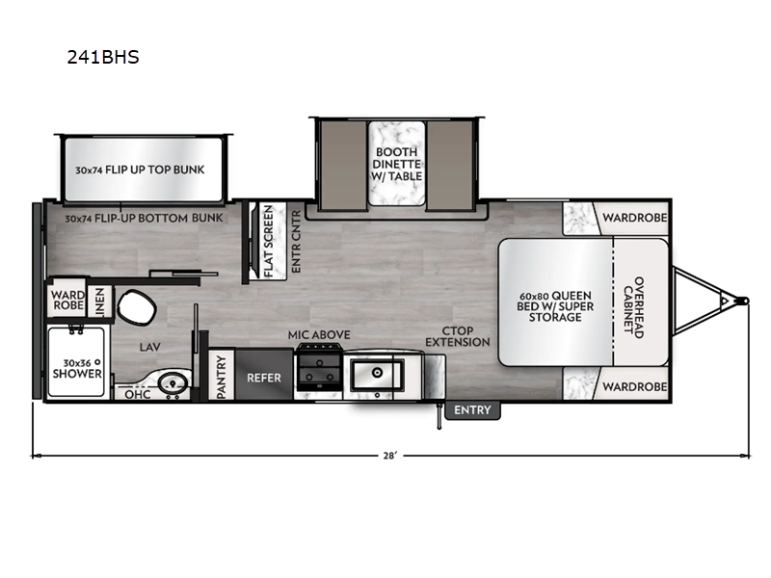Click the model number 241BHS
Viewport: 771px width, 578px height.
coord(102,57)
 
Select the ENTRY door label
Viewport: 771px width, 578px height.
coord(472,410)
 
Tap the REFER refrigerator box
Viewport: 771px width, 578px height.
coord(264,378)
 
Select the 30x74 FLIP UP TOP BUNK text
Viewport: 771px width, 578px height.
coord(141,170)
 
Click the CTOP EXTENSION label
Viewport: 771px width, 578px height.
coord(459,335)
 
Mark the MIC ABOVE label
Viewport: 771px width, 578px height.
coord(318,334)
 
